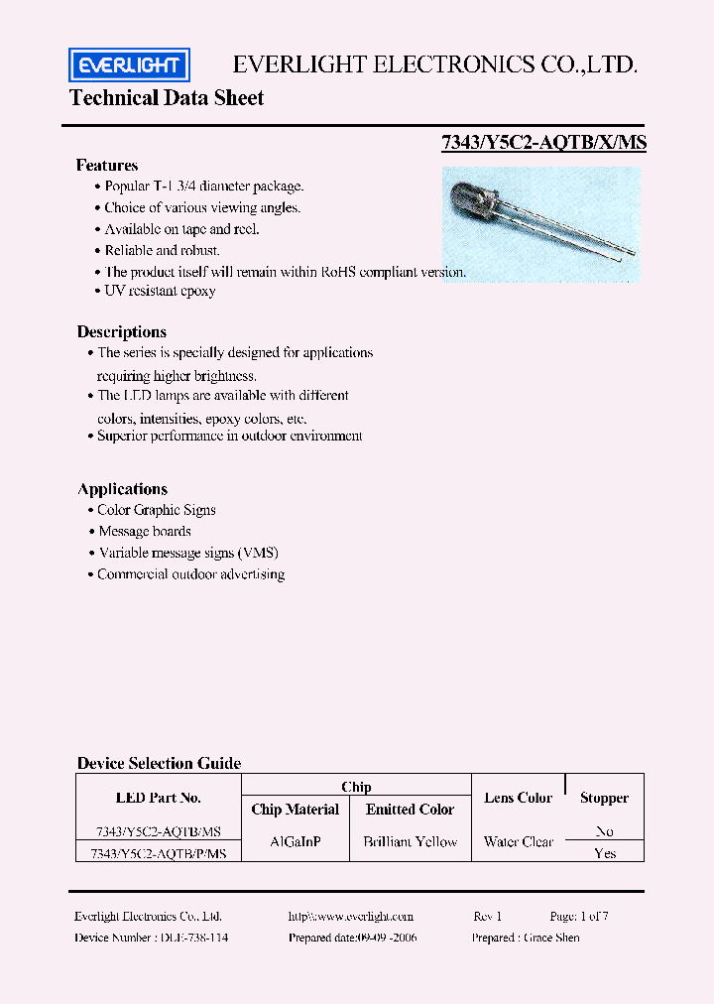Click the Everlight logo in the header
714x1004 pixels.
(129, 65)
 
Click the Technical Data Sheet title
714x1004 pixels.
(167, 97)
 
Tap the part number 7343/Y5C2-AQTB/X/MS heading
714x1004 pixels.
(543, 142)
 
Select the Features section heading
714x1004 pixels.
(107, 166)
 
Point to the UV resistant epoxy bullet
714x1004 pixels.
(159, 291)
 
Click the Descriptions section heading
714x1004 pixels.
(122, 332)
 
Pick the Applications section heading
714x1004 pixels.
(123, 489)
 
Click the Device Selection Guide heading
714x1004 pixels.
(159, 763)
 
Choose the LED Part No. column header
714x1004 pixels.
(159, 798)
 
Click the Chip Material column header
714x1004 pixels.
(296, 810)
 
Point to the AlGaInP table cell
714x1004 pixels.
(296, 841)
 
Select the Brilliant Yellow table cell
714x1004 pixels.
(410, 841)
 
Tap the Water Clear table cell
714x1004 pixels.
(518, 841)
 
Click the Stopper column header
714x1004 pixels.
(604, 798)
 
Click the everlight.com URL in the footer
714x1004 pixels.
(351, 917)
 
